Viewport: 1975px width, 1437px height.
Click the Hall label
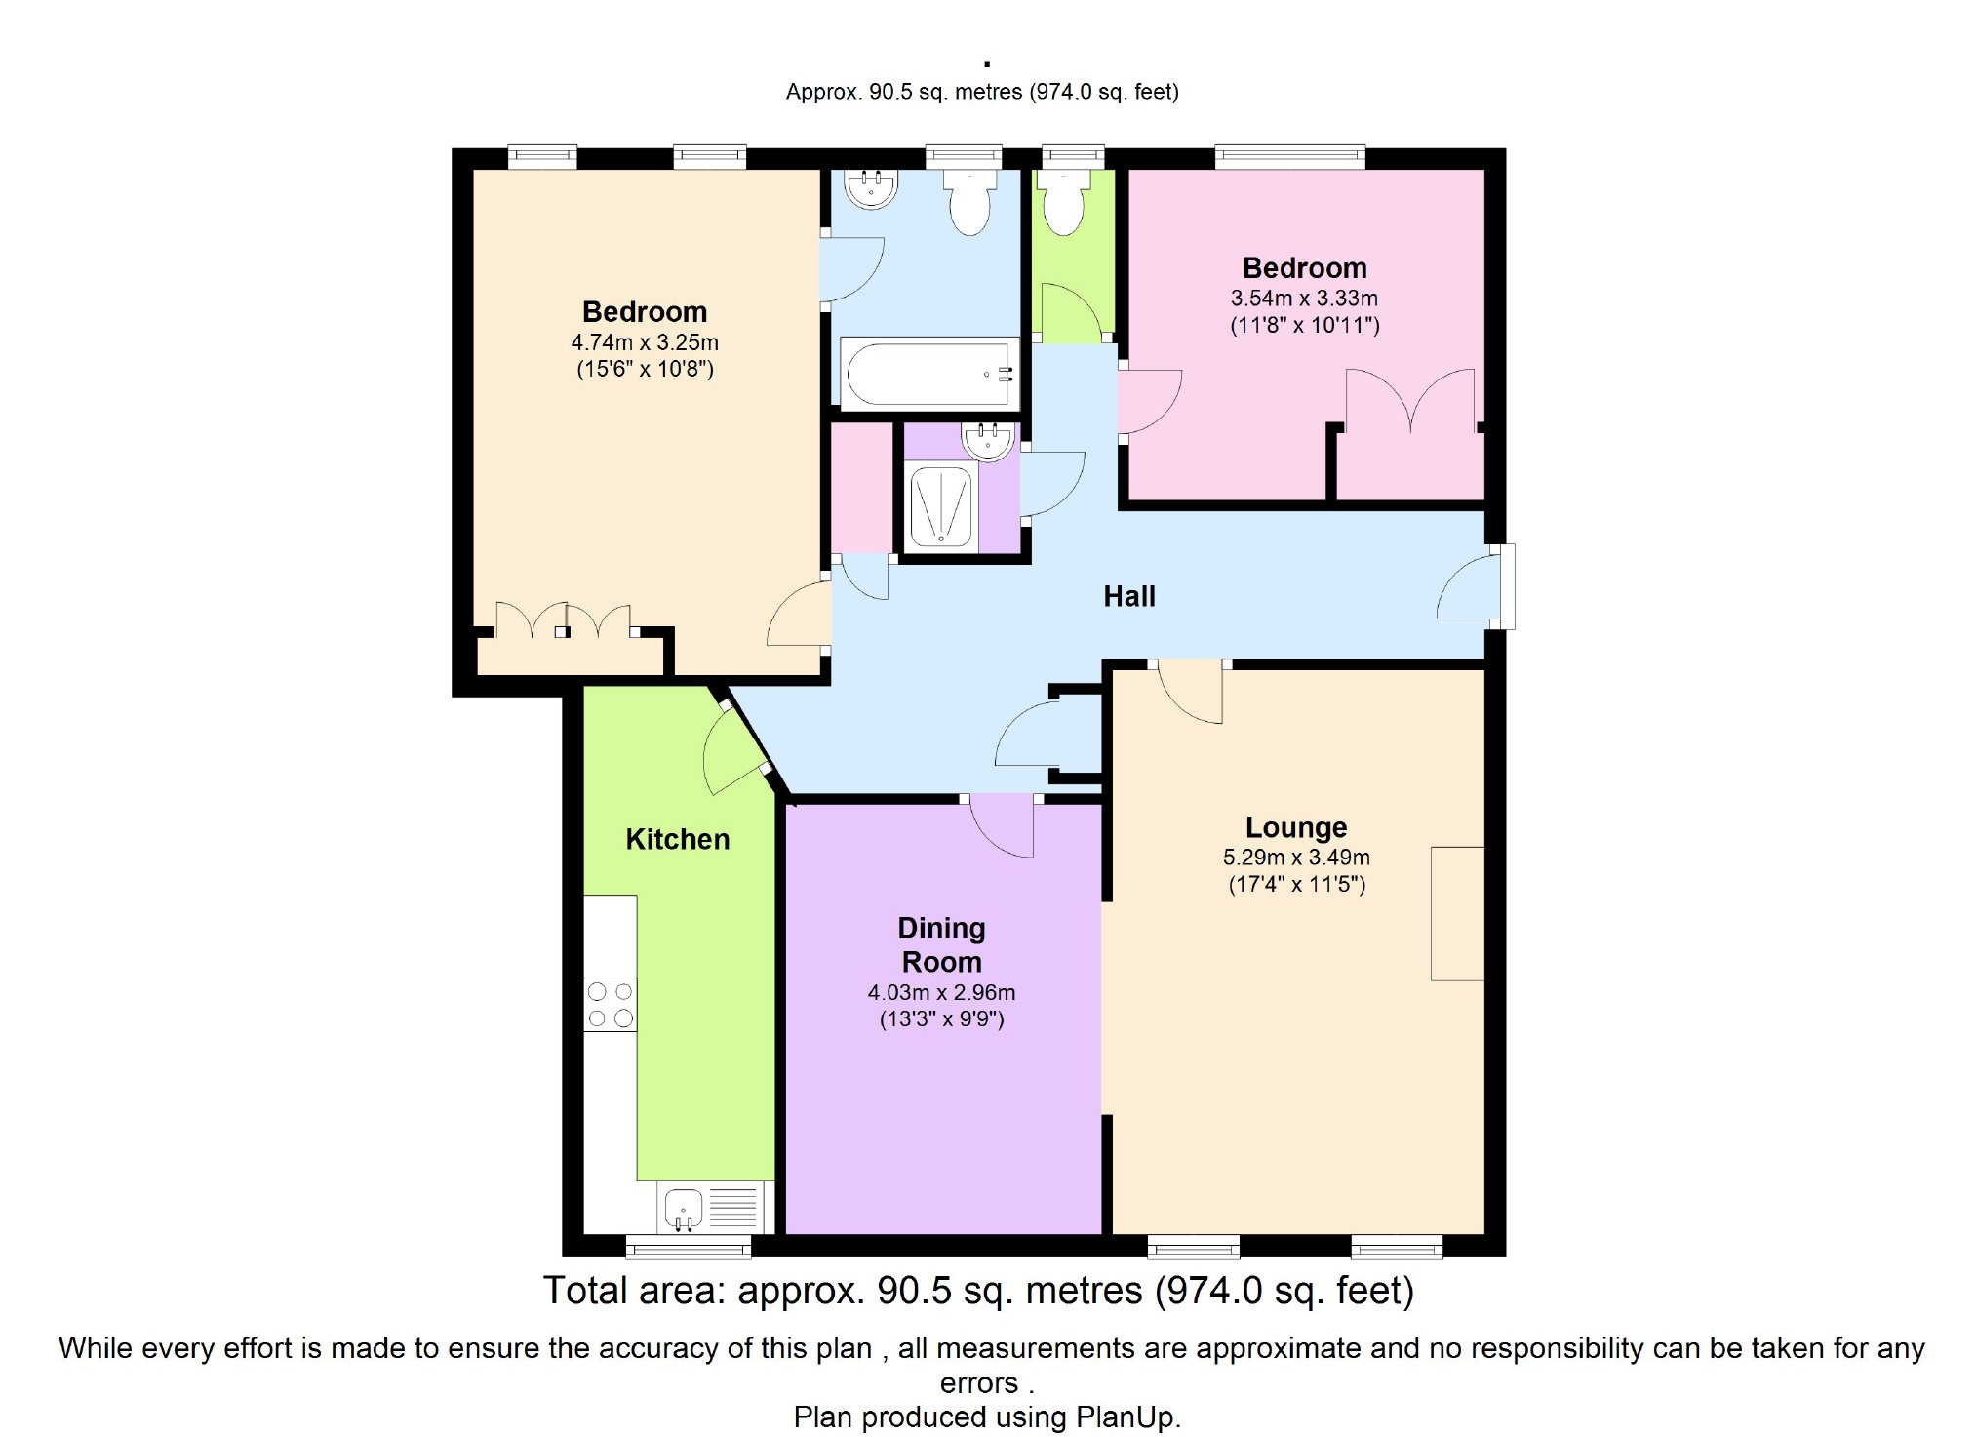(1128, 596)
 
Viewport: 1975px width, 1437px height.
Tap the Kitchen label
(677, 839)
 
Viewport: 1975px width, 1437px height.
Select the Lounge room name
(1296, 827)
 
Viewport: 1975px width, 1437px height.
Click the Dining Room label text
(941, 944)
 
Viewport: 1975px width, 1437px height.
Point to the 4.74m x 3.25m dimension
(645, 342)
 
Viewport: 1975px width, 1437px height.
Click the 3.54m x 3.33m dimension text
(1304, 299)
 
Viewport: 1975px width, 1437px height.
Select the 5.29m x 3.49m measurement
(1296, 858)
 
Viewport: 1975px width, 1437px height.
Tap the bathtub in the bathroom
(929, 375)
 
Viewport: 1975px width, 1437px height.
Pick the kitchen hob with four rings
(611, 1005)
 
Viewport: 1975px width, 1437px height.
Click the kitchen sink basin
(684, 1208)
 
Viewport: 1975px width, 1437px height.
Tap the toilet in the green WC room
(1064, 203)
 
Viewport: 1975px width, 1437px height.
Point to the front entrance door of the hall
(1473, 586)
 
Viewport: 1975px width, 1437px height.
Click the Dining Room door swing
(1002, 825)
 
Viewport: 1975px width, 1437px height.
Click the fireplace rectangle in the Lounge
(1457, 913)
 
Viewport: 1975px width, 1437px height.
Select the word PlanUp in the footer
(1127, 1417)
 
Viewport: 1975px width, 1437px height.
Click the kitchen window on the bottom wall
(689, 1246)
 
